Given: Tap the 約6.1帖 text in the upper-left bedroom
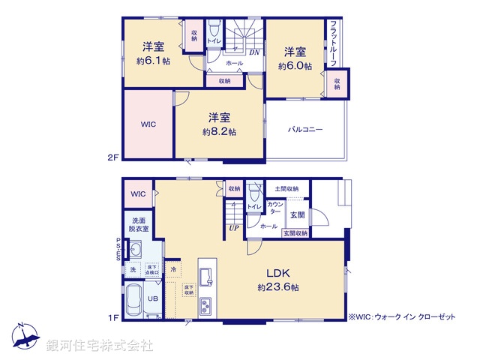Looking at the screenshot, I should click(153, 61).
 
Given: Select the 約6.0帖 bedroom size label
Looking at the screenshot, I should click(294, 66).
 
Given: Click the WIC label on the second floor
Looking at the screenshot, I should click(148, 124).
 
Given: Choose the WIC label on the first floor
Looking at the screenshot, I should click(138, 195).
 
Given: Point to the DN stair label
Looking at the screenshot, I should click(254, 52).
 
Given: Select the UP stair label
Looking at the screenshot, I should click(234, 228).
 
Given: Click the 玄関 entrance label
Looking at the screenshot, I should click(297, 214).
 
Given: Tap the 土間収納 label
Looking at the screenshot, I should click(286, 189).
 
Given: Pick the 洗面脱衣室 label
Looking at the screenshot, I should click(139, 224).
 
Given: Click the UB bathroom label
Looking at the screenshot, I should click(152, 298).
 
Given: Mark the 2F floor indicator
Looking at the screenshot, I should click(113, 157).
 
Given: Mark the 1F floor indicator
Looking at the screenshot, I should click(113, 318).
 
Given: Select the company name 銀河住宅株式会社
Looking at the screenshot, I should click(100, 346).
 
